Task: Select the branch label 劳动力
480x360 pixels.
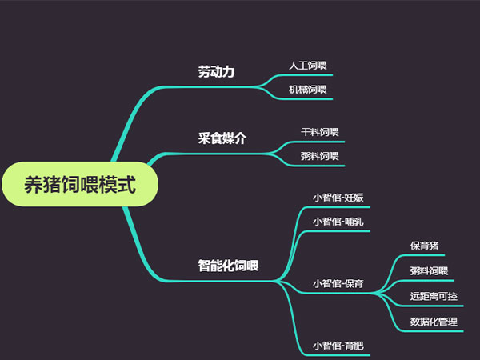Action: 217,72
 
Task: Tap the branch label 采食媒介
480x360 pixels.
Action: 222,138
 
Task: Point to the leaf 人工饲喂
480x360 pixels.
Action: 308,65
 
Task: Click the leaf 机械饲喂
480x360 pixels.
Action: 308,90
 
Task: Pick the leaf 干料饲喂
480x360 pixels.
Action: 320,132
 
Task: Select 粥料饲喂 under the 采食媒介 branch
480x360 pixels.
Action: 320,156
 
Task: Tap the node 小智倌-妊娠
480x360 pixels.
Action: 338,197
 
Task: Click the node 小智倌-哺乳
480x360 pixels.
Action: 338,222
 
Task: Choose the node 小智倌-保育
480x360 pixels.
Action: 338,283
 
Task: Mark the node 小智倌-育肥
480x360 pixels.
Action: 338,346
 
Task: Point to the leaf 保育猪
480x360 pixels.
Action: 424,246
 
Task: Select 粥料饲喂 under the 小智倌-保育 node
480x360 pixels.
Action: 429,270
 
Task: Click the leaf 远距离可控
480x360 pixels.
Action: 434,296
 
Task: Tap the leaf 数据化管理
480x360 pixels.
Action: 434,322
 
